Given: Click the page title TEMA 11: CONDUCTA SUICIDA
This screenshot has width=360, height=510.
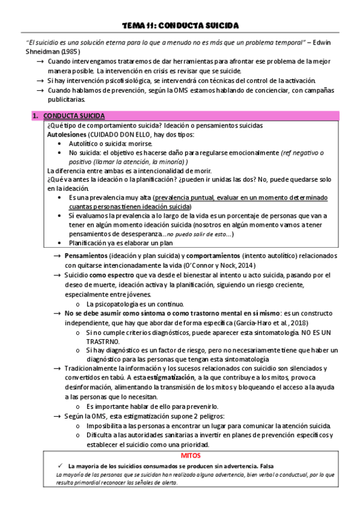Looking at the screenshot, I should click(x=180, y=25).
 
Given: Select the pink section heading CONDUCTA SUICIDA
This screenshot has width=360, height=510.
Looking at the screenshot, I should click(x=74, y=116).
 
